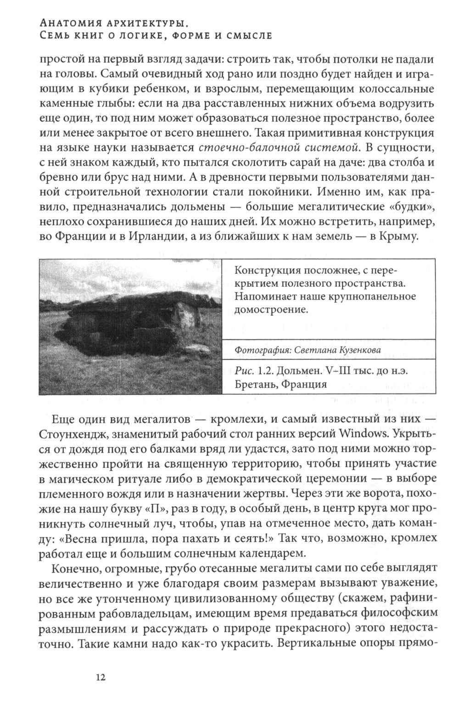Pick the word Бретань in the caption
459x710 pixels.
tap(254, 384)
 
